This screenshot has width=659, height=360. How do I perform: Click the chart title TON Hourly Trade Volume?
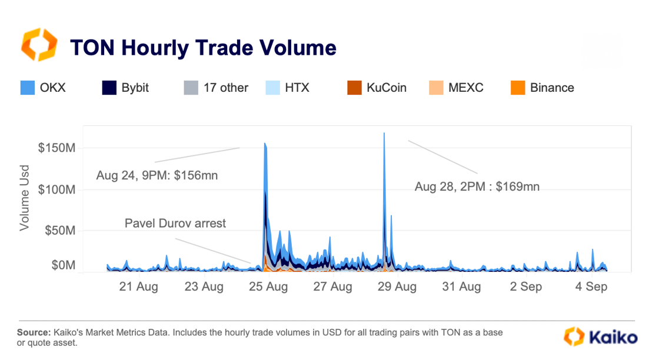click(x=203, y=47)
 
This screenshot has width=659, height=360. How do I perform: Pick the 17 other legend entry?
click(x=216, y=88)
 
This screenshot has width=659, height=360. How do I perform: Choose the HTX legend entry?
click(x=288, y=88)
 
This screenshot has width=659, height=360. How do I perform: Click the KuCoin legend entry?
click(x=377, y=88)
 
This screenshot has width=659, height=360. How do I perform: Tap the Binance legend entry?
click(x=542, y=88)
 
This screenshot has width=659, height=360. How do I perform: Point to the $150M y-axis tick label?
click(x=56, y=148)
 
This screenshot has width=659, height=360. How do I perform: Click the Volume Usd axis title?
click(x=25, y=198)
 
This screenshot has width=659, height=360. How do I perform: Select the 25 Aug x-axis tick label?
click(x=268, y=287)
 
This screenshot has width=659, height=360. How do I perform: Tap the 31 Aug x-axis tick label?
click(x=461, y=287)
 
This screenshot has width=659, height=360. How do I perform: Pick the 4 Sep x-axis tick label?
click(x=591, y=287)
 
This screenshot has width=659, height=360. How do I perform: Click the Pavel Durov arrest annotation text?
click(x=175, y=224)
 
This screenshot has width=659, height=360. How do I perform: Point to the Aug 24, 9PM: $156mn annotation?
click(x=157, y=175)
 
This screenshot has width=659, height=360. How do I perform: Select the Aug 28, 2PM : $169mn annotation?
click(x=477, y=187)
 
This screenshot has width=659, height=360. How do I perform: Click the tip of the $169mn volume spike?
click(x=384, y=134)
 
